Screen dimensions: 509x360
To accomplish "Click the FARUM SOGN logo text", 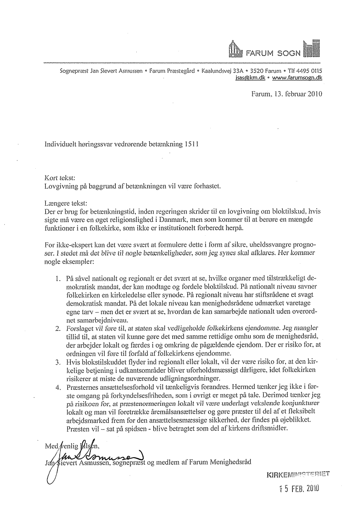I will tap(273, 54).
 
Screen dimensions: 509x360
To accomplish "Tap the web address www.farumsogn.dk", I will tap(297, 78).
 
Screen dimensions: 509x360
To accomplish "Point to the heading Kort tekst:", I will tap(60, 178).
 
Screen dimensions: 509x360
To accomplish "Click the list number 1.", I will tap(57, 277).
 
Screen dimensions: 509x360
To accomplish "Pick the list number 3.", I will tap(57, 362).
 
